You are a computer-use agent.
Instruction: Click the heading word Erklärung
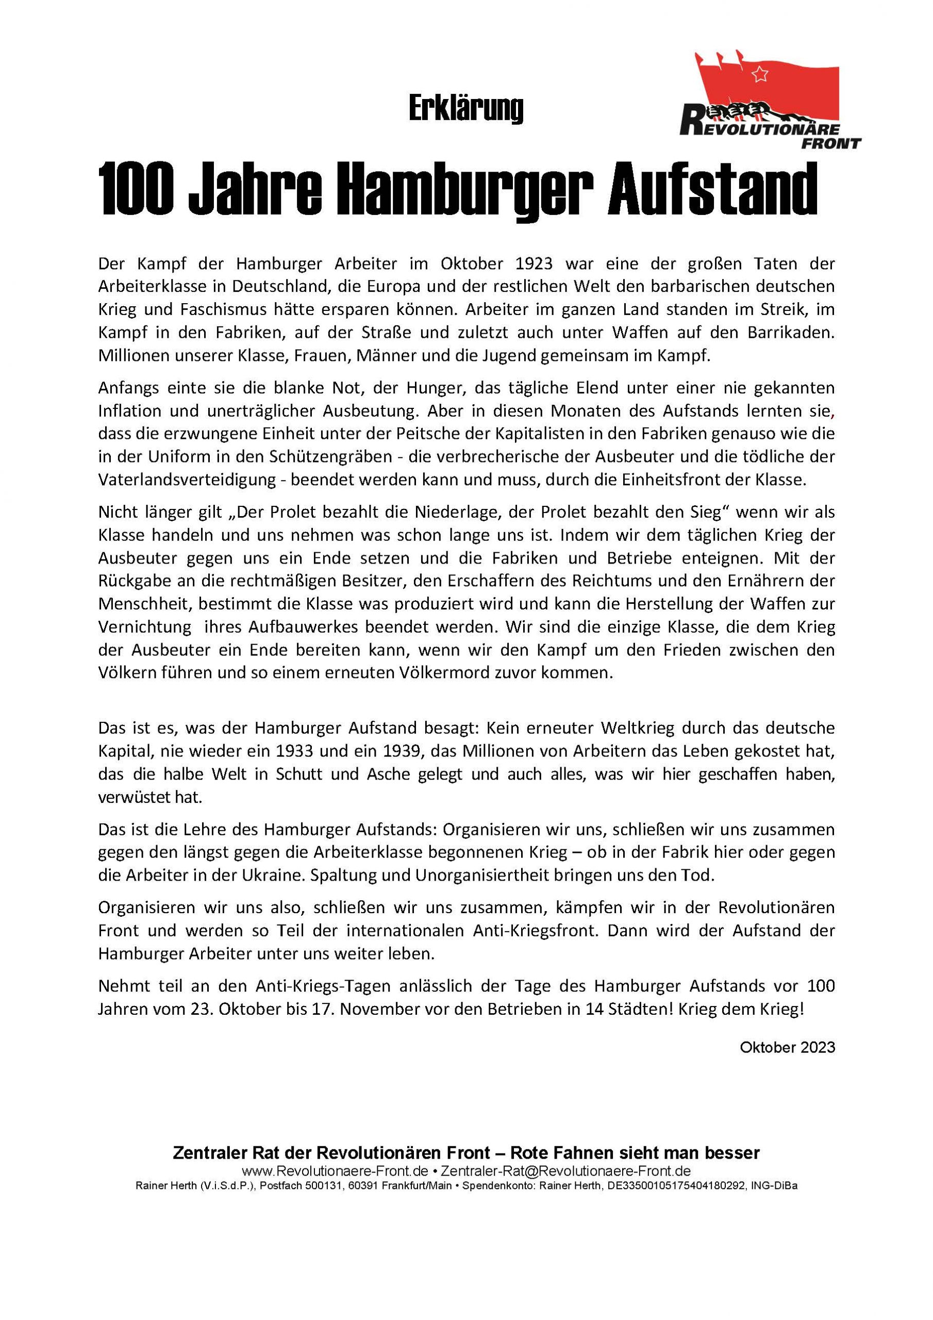tap(465, 109)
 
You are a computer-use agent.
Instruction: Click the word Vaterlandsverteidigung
tap(188, 480)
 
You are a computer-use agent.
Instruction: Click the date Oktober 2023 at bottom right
tap(787, 1047)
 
